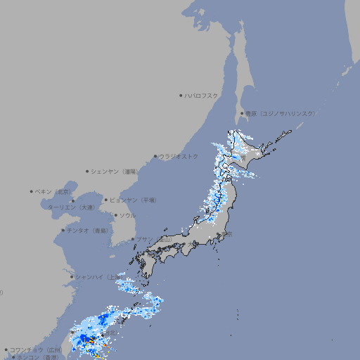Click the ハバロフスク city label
click(x=201, y=95)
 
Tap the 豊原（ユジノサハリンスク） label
click(x=280, y=113)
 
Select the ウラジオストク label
click(x=179, y=156)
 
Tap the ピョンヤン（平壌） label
click(x=133, y=200)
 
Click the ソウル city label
click(x=127, y=215)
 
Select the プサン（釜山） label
click(x=154, y=239)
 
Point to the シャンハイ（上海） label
click(x=97, y=276)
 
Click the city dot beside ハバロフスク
click(x=181, y=95)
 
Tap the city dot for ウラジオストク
click(x=155, y=156)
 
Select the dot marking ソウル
click(x=115, y=215)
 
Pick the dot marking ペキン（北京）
click(x=32, y=191)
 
